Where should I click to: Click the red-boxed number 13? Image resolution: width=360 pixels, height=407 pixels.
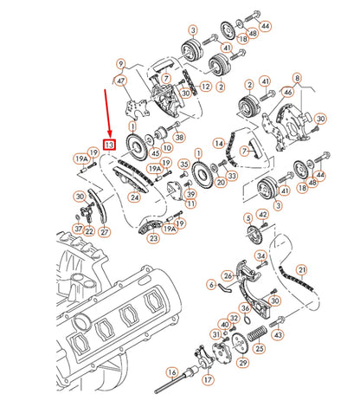click(109, 145)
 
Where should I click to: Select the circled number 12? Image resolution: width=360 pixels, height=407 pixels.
click(205, 87)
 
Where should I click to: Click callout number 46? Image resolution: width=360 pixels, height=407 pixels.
click(288, 91)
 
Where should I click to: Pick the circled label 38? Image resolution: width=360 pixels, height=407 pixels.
click(179, 137)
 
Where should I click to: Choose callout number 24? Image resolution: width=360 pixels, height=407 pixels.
click(135, 197)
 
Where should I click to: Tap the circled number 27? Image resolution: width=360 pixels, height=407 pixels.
click(104, 232)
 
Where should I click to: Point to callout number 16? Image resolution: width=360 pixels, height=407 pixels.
click(172, 372)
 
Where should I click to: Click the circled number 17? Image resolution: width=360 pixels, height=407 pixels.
click(208, 380)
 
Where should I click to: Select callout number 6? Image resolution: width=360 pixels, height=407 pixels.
click(209, 282)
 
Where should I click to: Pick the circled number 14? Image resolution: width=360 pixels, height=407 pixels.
click(219, 143)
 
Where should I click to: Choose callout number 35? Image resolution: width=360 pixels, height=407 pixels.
click(184, 163)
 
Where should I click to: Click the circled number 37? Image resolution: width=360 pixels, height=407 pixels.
click(77, 229)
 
